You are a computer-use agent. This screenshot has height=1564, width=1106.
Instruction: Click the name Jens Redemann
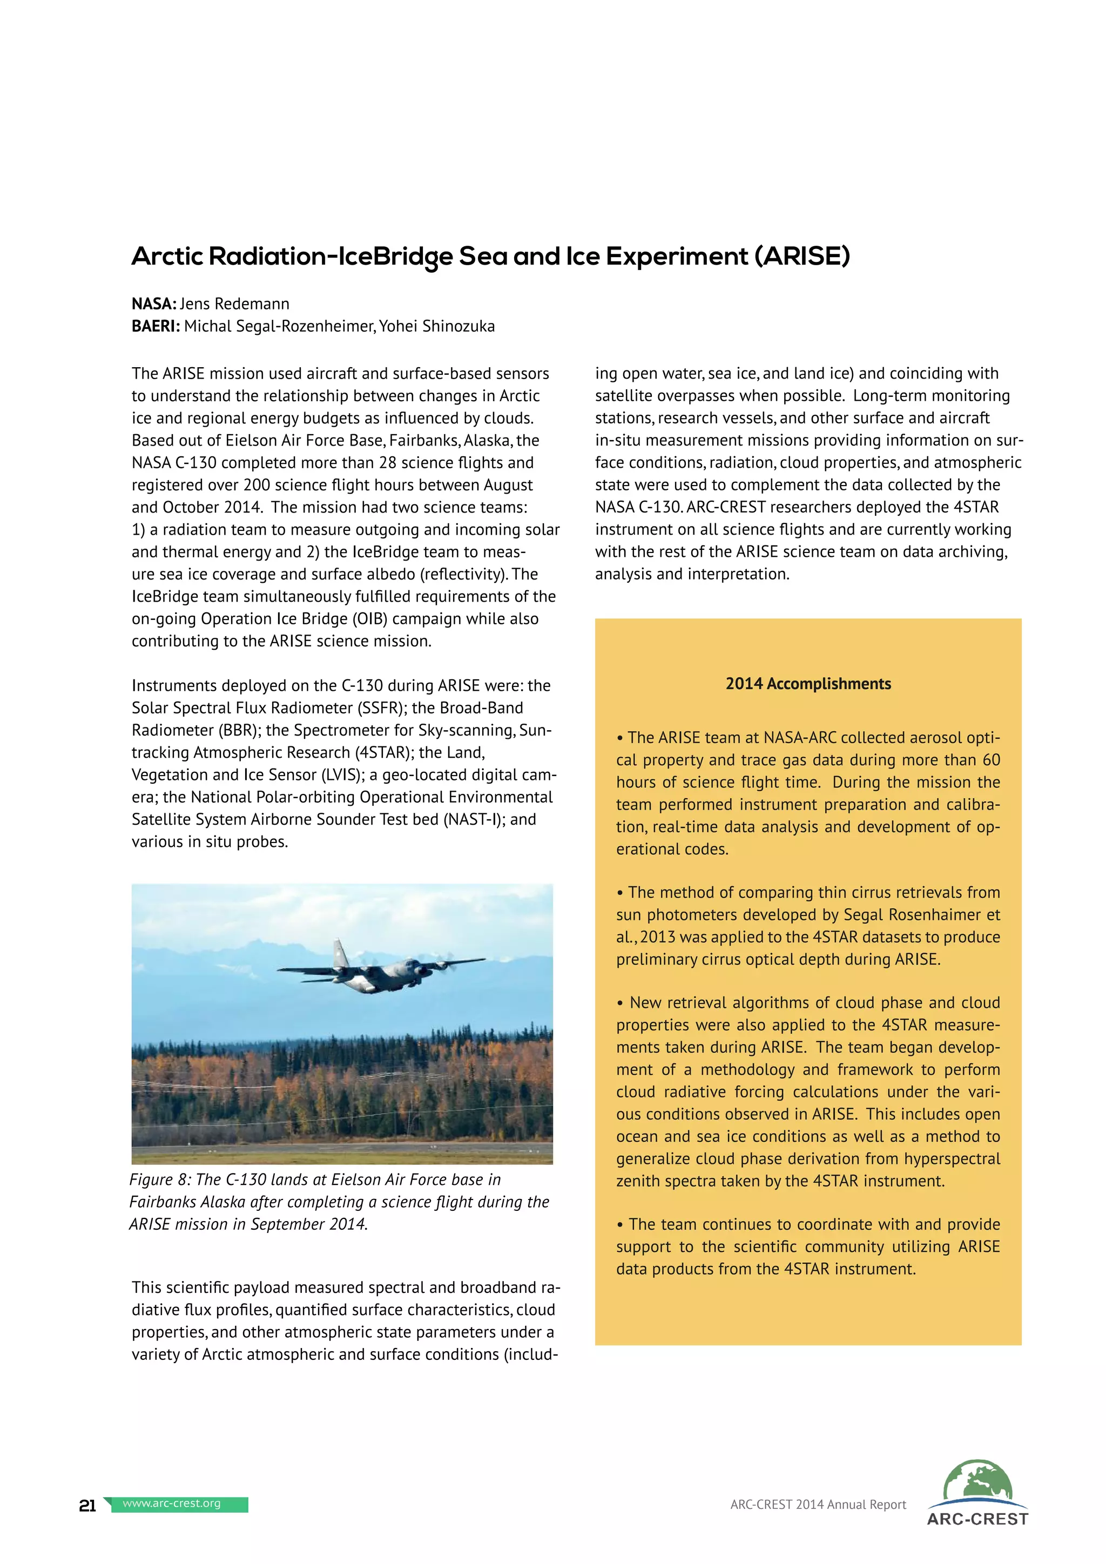[234, 304]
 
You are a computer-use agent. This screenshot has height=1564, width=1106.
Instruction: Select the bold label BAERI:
[156, 326]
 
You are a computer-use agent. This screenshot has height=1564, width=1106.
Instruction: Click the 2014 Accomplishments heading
[808, 684]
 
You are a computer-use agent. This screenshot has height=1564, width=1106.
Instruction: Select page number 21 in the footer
[87, 1506]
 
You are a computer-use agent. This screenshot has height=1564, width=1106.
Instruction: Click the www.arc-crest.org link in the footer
[172, 1504]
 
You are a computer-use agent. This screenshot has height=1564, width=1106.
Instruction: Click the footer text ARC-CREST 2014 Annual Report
[818, 1505]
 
